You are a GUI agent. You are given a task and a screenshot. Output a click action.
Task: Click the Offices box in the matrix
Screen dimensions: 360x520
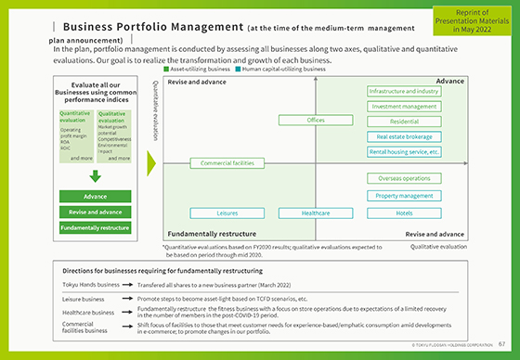click(316, 121)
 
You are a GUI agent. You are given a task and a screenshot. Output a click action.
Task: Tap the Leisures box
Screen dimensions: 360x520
click(227, 213)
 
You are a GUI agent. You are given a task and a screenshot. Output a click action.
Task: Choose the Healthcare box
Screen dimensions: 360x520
click(316, 213)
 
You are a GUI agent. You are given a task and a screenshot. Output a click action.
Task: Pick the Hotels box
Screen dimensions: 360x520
click(404, 213)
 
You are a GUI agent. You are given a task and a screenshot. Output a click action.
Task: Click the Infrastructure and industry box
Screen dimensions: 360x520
click(404, 92)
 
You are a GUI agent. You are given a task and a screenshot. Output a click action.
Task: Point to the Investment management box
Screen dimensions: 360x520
click(404, 107)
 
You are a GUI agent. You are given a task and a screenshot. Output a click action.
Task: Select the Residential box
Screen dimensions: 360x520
click(404, 122)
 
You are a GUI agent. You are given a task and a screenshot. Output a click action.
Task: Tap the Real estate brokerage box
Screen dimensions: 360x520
click(404, 136)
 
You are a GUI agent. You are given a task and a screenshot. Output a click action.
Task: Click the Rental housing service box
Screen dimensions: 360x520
click(404, 151)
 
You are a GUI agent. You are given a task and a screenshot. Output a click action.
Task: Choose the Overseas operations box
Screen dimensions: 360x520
click(404, 178)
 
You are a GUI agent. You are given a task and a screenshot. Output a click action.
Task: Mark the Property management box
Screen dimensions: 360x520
click(404, 196)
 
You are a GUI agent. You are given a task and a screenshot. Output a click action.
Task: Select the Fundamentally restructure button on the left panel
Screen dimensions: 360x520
click(95, 227)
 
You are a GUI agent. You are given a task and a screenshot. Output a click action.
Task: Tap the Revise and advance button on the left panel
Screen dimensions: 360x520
click(95, 212)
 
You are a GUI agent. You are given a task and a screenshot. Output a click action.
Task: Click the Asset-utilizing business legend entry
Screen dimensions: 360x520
click(198, 70)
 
